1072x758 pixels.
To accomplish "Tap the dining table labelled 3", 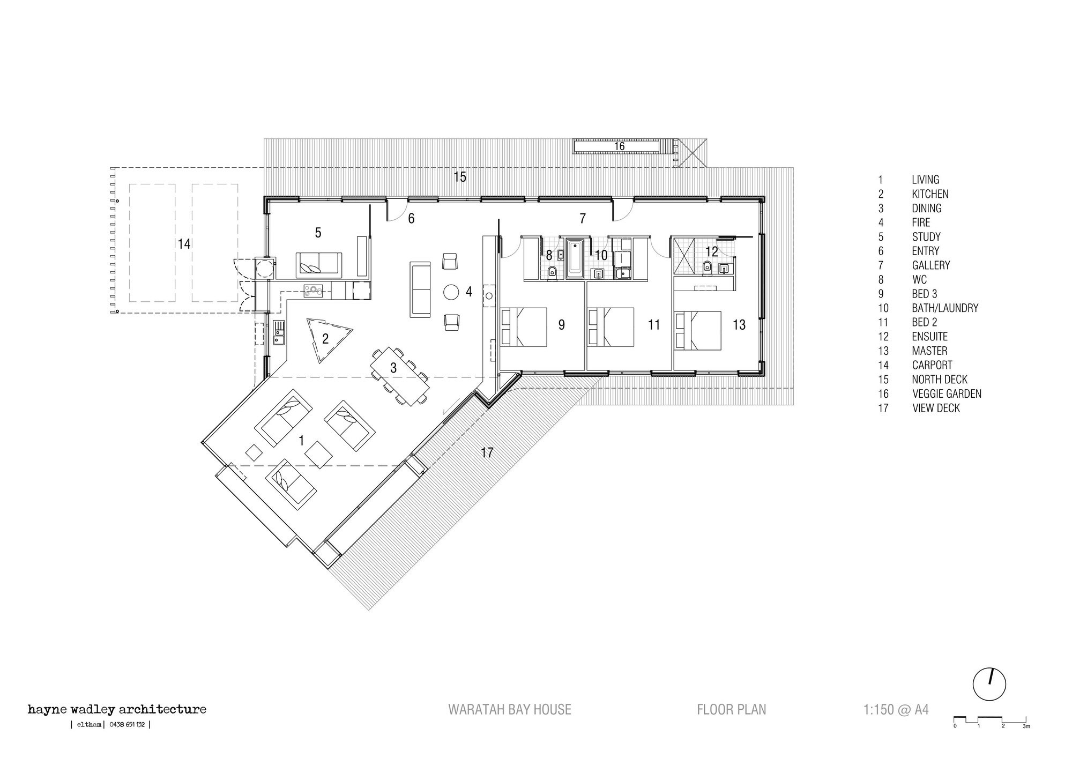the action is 400,376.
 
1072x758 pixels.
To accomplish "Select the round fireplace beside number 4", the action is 451,293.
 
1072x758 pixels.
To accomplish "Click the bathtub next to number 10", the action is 575,258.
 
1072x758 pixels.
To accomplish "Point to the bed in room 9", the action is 523,326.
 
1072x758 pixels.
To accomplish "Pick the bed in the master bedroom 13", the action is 697,331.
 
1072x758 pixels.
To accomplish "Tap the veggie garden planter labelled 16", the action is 619,146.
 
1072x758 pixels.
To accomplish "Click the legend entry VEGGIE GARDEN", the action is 947,394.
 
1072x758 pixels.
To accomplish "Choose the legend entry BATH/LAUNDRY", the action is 945,308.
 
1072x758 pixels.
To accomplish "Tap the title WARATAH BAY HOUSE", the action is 510,710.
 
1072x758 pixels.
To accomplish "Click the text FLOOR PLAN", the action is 732,710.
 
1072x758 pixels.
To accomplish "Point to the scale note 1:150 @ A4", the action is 896,710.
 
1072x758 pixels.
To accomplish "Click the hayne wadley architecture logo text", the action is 117,710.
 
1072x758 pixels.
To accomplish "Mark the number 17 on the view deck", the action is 487,453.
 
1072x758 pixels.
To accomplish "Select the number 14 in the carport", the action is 184,244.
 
